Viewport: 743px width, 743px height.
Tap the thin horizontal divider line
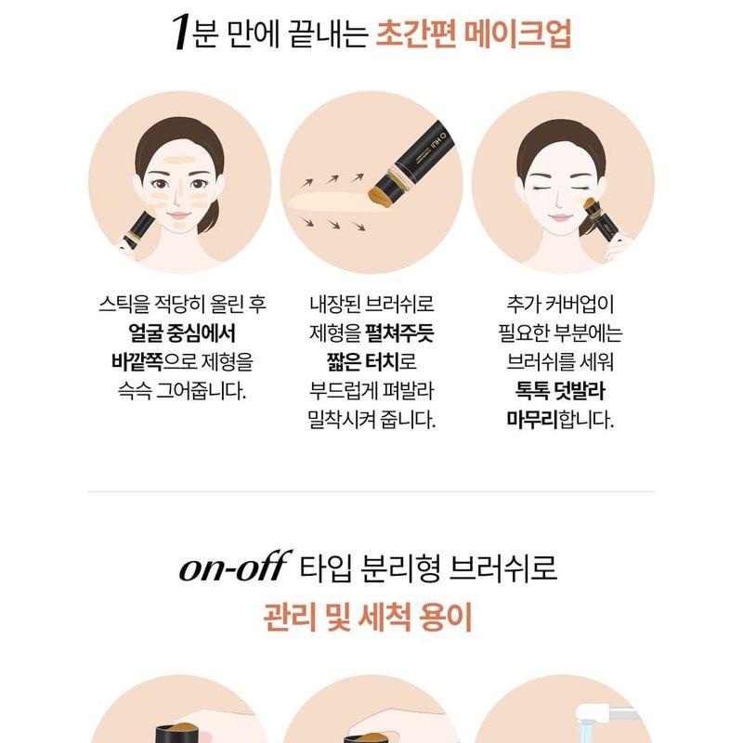click(371, 491)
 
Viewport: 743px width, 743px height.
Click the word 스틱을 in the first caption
click(122, 305)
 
